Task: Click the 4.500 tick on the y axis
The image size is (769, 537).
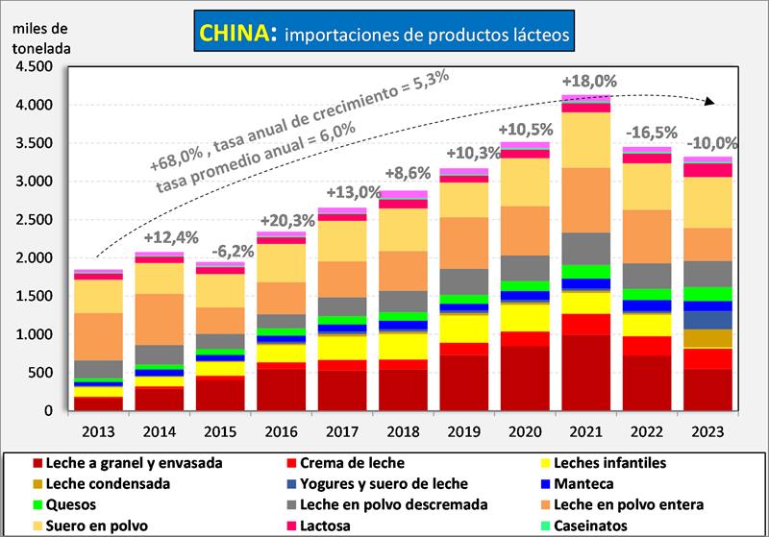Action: pos(36,66)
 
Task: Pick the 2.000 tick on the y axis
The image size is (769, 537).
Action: pos(36,257)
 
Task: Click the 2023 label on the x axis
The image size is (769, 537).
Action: pos(708,430)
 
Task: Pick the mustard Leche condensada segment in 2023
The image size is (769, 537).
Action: pos(708,338)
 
